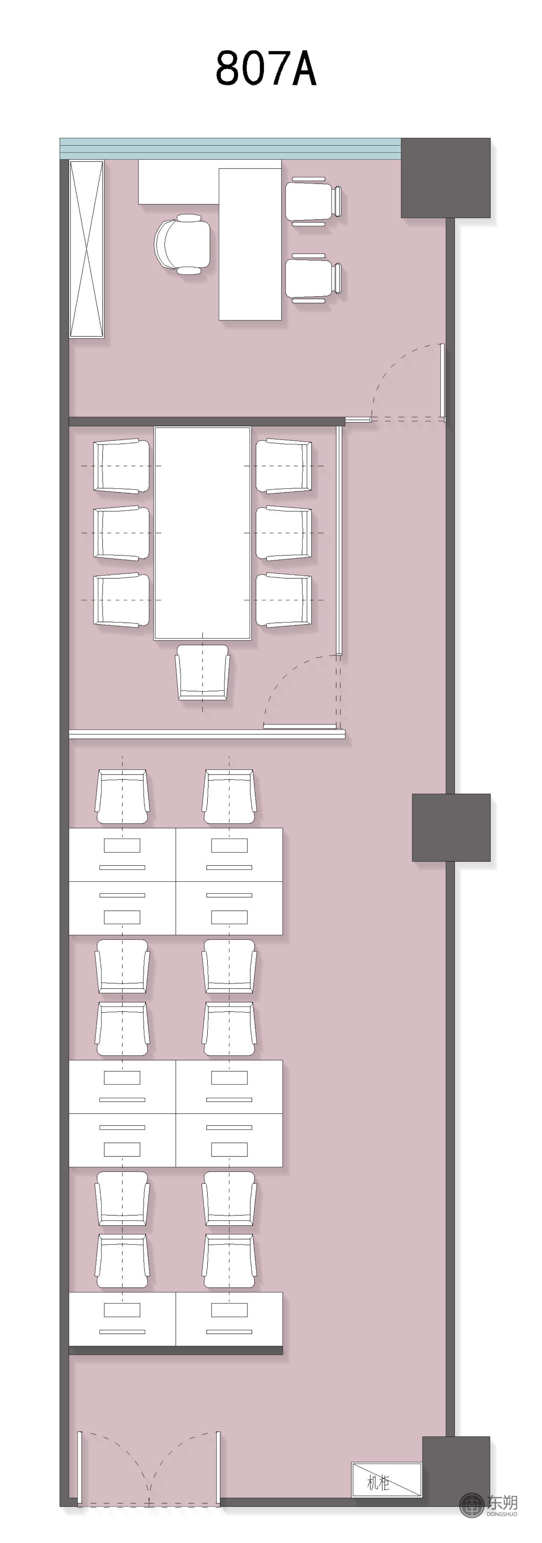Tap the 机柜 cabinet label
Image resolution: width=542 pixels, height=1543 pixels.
pyautogui.click(x=379, y=1483)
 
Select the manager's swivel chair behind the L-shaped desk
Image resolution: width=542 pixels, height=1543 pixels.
pyautogui.click(x=183, y=244)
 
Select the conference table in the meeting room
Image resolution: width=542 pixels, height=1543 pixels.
pyautogui.click(x=202, y=533)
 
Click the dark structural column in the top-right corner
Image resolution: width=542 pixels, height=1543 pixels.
pyautogui.click(x=446, y=178)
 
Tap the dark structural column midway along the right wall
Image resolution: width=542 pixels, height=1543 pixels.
pyautogui.click(x=451, y=827)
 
